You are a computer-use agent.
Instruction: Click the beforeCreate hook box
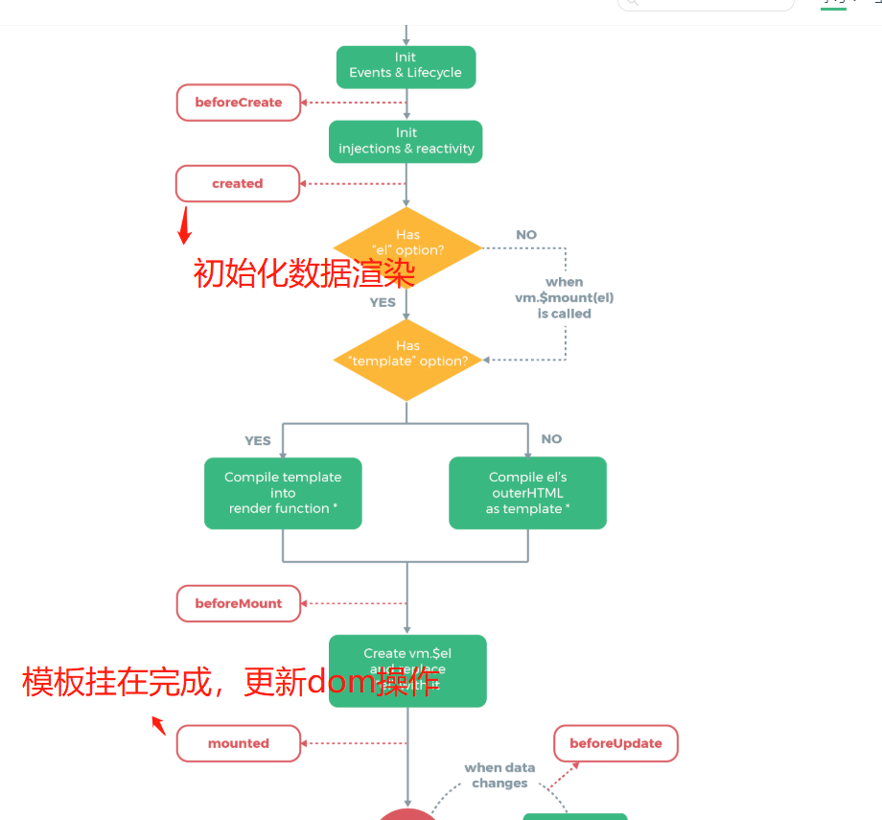click(x=239, y=103)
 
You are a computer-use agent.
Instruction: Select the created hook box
click(x=238, y=183)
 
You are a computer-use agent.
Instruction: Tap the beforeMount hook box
click(x=239, y=603)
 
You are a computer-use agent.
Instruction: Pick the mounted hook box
click(x=239, y=743)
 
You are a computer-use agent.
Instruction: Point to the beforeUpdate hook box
click(x=615, y=743)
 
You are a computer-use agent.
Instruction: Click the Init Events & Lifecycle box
click(x=406, y=66)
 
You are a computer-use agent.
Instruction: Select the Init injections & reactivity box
click(x=406, y=141)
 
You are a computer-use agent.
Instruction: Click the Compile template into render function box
click(x=283, y=493)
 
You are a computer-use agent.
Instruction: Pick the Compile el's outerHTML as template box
click(x=527, y=493)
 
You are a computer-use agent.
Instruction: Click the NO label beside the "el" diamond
click(x=526, y=235)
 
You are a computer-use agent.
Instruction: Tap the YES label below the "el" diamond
click(x=383, y=302)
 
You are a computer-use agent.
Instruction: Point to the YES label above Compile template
click(x=258, y=441)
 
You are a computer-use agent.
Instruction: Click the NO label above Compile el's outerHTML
click(x=551, y=439)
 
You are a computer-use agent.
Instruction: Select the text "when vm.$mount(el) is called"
click(x=564, y=298)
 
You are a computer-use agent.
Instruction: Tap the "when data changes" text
click(x=499, y=775)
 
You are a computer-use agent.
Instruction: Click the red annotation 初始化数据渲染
click(x=303, y=273)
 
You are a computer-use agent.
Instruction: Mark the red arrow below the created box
click(x=185, y=224)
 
